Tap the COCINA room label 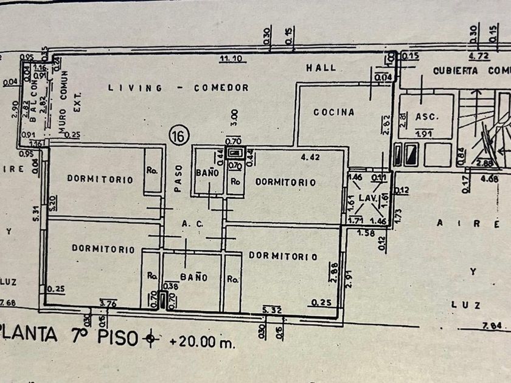click(x=334, y=112)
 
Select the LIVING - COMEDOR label click(x=178, y=88)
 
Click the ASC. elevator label click(x=427, y=117)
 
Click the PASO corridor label click(x=178, y=181)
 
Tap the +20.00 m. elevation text click(x=201, y=342)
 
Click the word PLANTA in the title click(x=29, y=335)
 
